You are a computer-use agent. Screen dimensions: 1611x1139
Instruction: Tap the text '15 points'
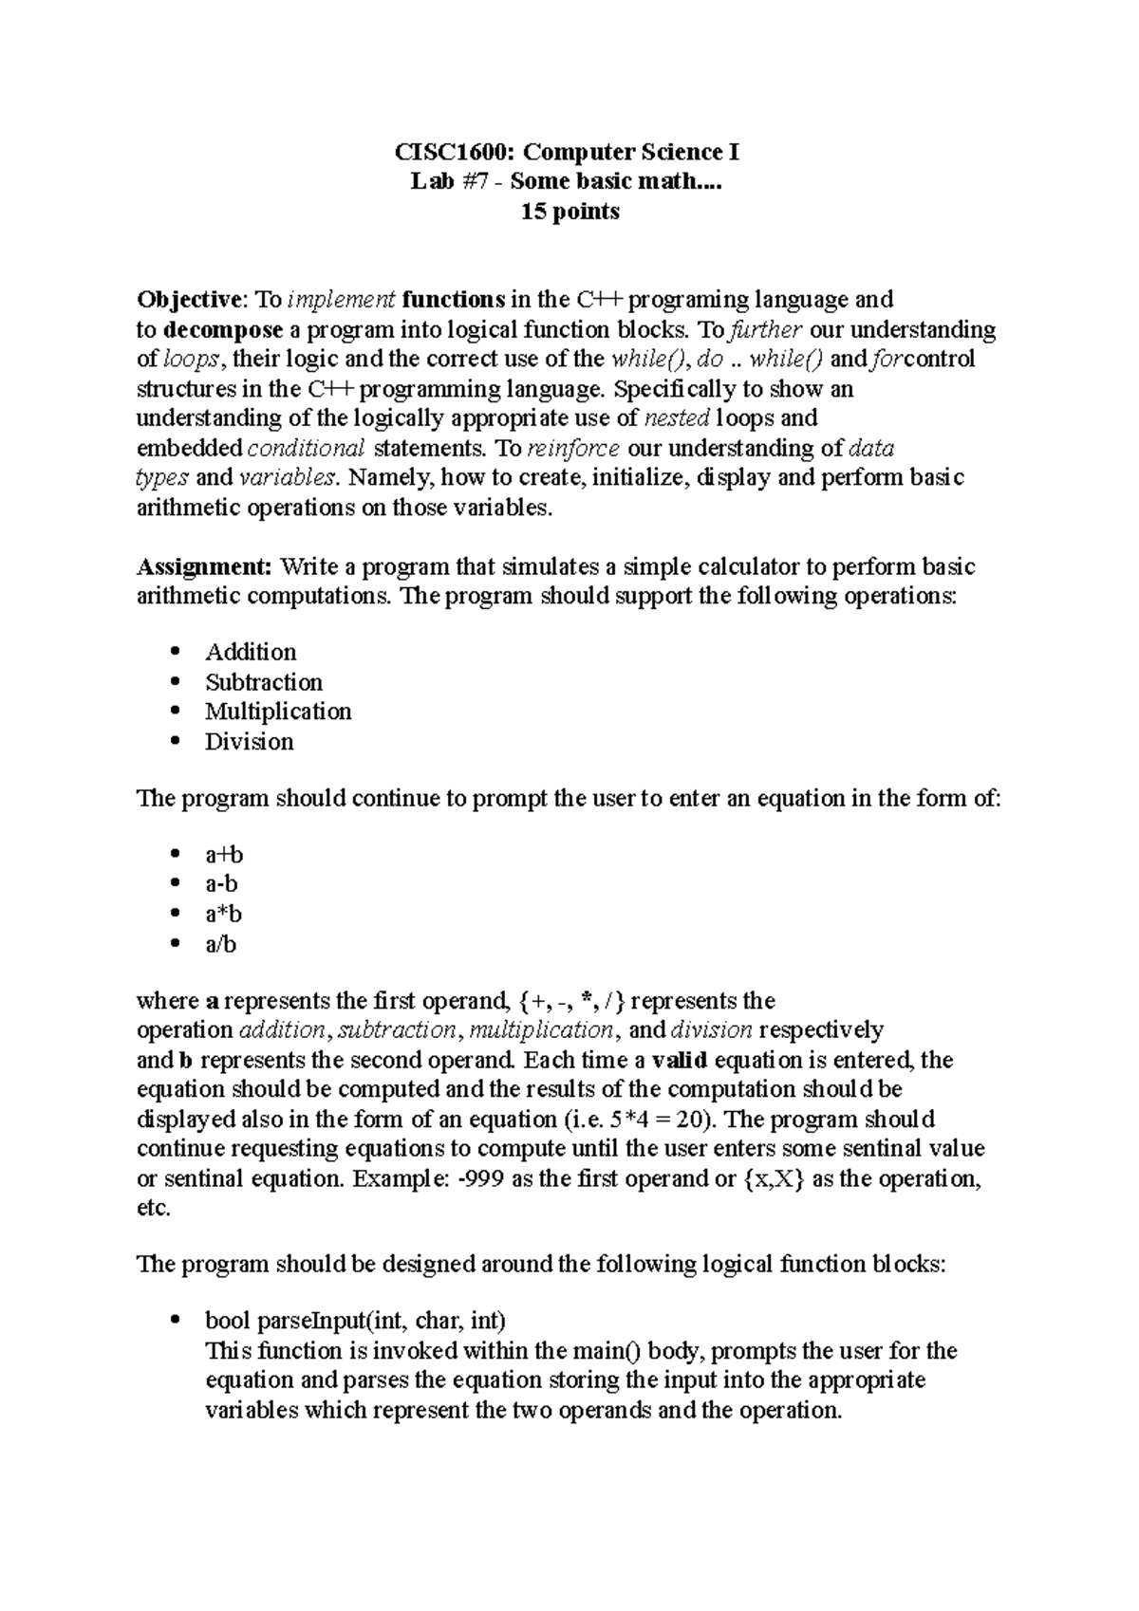tap(569, 212)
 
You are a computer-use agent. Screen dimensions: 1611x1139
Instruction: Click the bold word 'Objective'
tap(190, 301)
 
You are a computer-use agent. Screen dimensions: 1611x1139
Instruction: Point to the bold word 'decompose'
tap(223, 330)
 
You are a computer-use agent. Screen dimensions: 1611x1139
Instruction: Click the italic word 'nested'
tap(677, 418)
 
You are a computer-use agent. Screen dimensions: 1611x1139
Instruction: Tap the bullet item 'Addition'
tap(251, 652)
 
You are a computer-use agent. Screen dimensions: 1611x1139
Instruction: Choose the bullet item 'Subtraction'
tap(263, 682)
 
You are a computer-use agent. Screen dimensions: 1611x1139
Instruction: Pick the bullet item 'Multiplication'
tap(278, 712)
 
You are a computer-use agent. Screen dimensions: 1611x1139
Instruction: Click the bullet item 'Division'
tap(249, 742)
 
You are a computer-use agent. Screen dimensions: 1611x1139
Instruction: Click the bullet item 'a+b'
tap(224, 855)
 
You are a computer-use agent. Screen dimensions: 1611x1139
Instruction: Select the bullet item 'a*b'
tap(224, 915)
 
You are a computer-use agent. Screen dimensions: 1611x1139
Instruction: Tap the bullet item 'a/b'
tap(221, 944)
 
